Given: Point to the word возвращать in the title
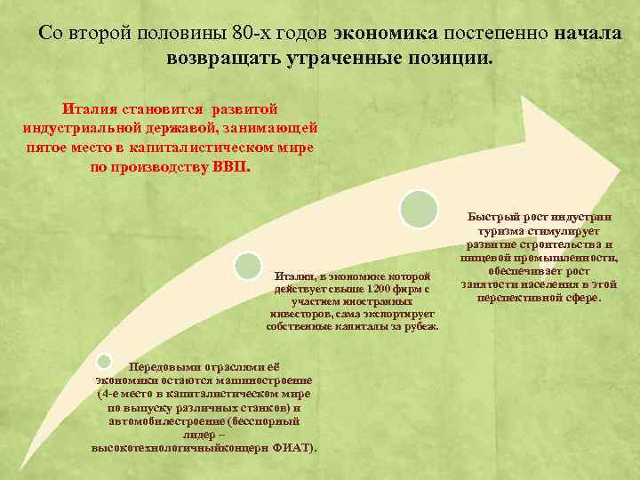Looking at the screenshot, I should tap(223, 59).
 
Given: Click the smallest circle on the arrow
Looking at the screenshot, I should tap(103, 361).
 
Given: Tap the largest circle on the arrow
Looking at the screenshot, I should tap(419, 208).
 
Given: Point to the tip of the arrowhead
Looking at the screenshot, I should tap(620, 168).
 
